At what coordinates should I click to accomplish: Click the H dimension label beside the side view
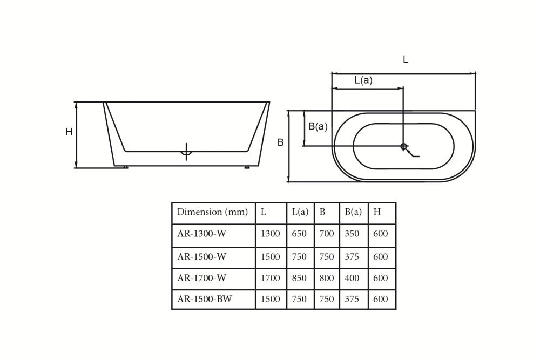pyautogui.click(x=69, y=132)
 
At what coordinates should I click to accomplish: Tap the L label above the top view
pyautogui.click(x=406, y=60)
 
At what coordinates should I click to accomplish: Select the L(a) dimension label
pyautogui.click(x=363, y=80)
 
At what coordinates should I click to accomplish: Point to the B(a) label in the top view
pyautogui.click(x=318, y=126)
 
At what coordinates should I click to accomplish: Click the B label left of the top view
pyautogui.click(x=280, y=142)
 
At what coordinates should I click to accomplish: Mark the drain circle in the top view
pyautogui.click(x=403, y=146)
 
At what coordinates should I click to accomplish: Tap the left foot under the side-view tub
pyautogui.click(x=126, y=167)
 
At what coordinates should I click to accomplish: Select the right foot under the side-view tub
pyautogui.click(x=247, y=167)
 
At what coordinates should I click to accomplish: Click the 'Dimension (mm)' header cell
pyautogui.click(x=213, y=212)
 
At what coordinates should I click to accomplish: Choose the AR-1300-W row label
pyautogui.click(x=201, y=234)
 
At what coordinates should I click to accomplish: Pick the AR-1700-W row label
pyautogui.click(x=201, y=279)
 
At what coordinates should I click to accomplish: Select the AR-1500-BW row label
pyautogui.click(x=205, y=299)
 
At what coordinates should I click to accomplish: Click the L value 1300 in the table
pyautogui.click(x=270, y=234)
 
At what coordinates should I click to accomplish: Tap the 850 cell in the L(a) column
pyautogui.click(x=299, y=279)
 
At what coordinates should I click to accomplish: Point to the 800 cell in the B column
pyautogui.click(x=326, y=279)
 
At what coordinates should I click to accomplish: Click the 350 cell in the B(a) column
pyautogui.click(x=352, y=234)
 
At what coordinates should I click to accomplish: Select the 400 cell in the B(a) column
pyautogui.click(x=352, y=279)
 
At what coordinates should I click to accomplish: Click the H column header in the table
pyautogui.click(x=377, y=212)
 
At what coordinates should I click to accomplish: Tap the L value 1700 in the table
pyautogui.click(x=270, y=279)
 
